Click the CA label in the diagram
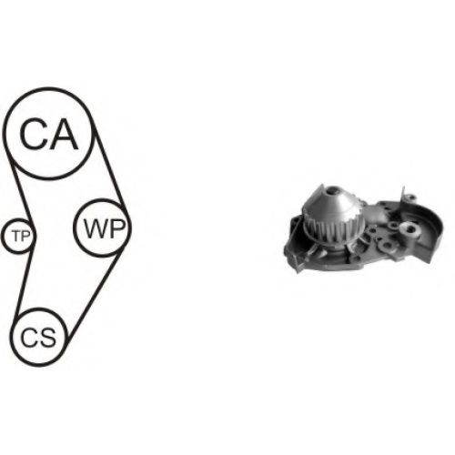click(49, 134)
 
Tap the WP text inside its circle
click(105, 228)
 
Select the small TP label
click(21, 236)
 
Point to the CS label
click(38, 338)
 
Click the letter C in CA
click(34, 134)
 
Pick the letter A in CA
click(64, 134)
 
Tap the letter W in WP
click(96, 228)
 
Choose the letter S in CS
click(48, 338)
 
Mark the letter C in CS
click(29, 338)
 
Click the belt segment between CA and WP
click(110, 169)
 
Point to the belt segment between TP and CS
click(24, 283)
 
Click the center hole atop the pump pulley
click(333, 192)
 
